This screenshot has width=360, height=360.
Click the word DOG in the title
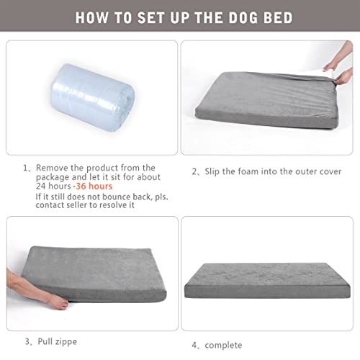(x=229, y=17)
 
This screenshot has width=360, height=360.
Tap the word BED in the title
(x=273, y=17)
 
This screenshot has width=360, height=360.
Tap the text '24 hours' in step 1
(x=54, y=186)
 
